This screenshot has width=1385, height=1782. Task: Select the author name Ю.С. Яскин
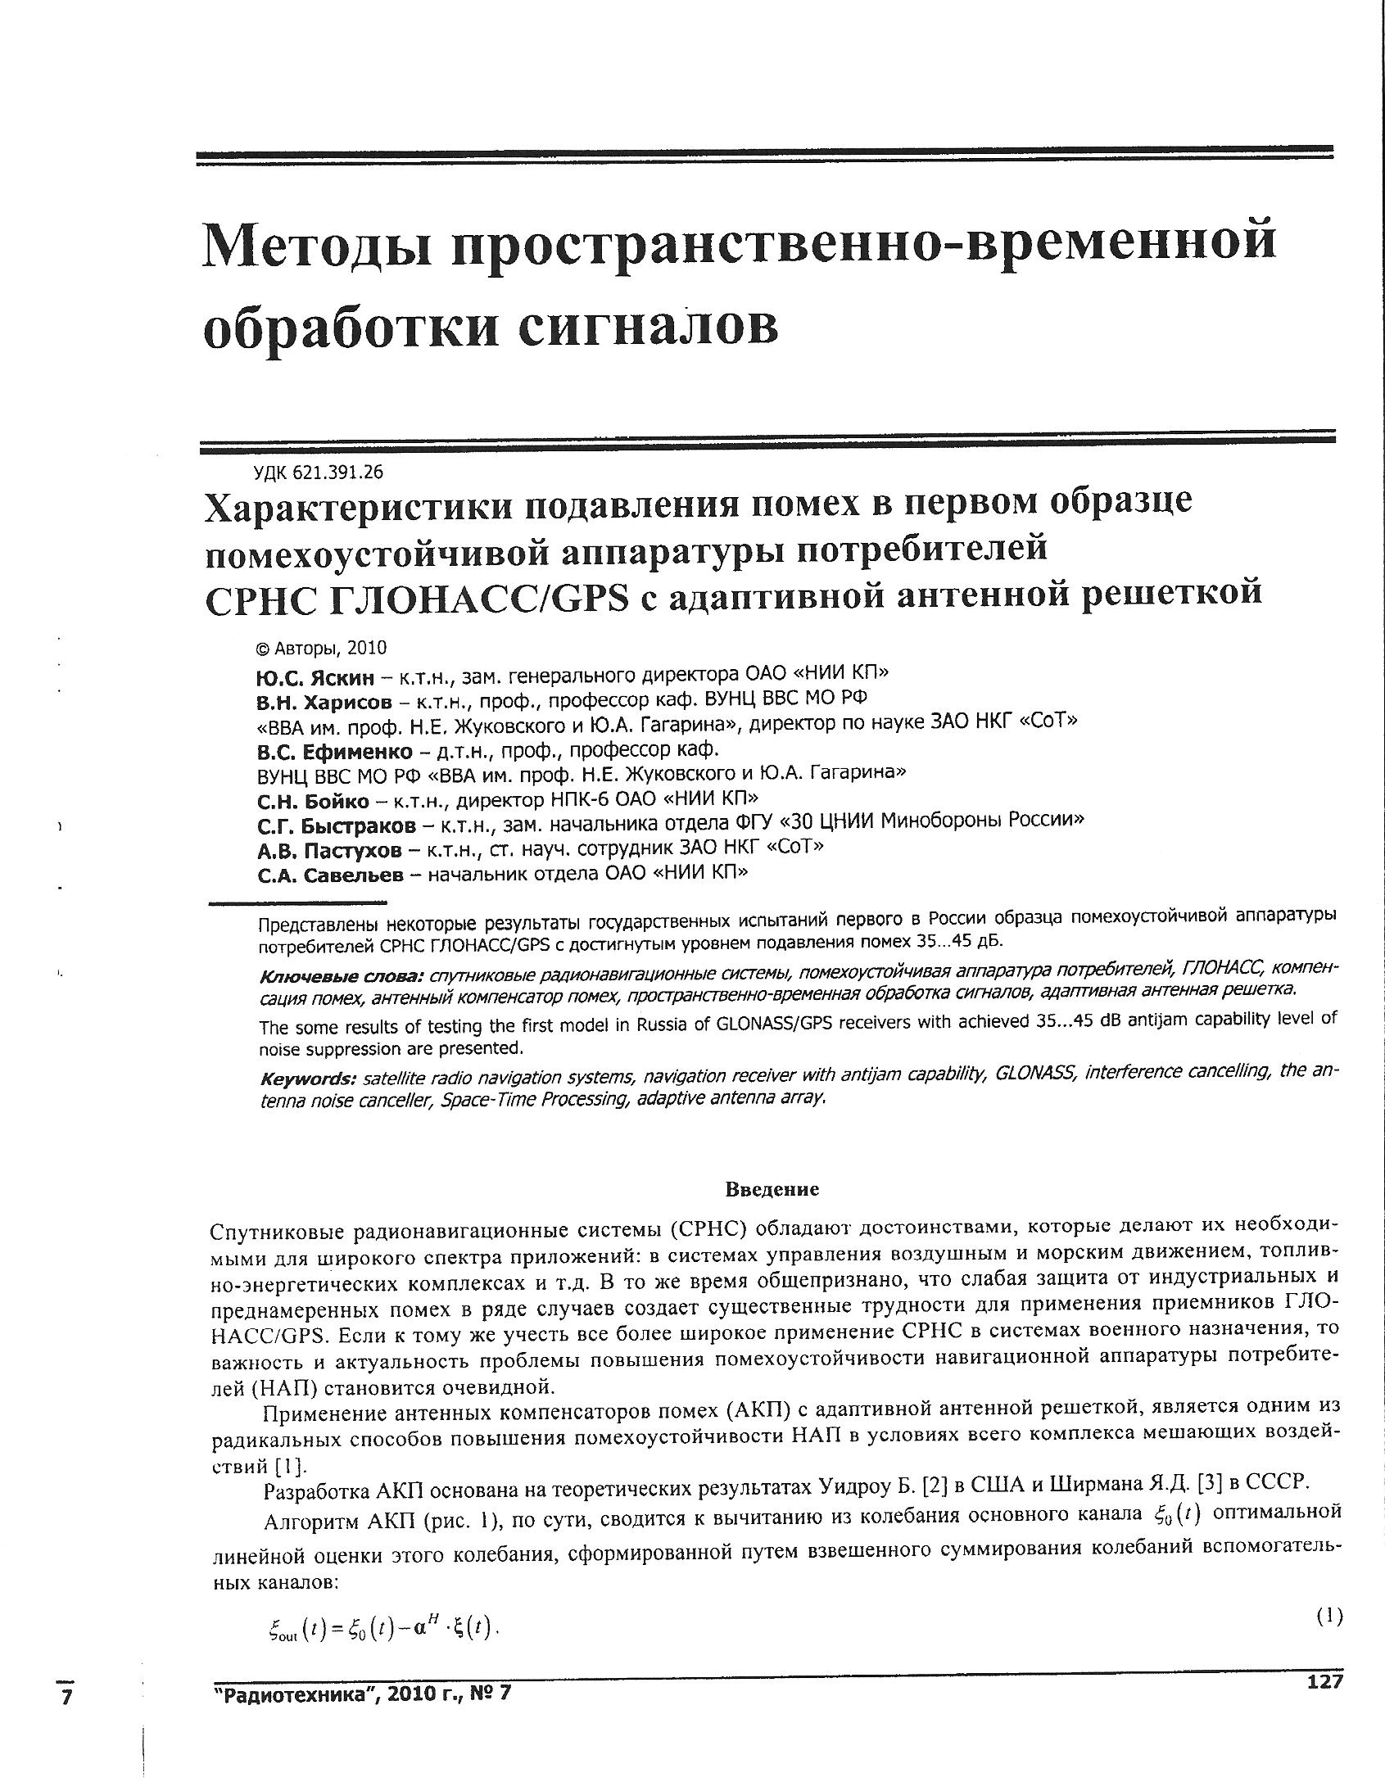point(315,677)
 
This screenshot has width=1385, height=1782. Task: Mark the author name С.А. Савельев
point(330,875)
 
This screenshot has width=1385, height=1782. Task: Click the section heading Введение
point(772,1188)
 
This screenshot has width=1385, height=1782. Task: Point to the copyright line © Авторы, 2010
point(321,649)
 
